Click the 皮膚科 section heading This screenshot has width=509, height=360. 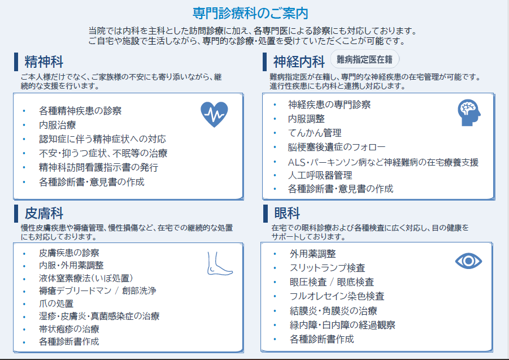[43, 214]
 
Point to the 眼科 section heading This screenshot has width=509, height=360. [287, 214]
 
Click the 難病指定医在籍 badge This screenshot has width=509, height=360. [365, 59]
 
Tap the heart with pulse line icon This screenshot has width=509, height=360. [214, 114]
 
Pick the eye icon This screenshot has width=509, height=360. [468, 261]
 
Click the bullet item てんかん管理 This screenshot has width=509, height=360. [315, 133]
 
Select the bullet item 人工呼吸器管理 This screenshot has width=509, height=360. [320, 175]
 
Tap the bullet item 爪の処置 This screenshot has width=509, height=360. [56, 303]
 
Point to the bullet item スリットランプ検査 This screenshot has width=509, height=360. [327, 268]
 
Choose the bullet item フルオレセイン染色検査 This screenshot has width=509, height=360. [337, 296]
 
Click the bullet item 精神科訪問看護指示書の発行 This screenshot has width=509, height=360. [98, 168]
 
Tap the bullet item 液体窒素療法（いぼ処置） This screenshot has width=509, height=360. [86, 278]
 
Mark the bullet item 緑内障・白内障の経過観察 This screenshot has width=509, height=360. [342, 325]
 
